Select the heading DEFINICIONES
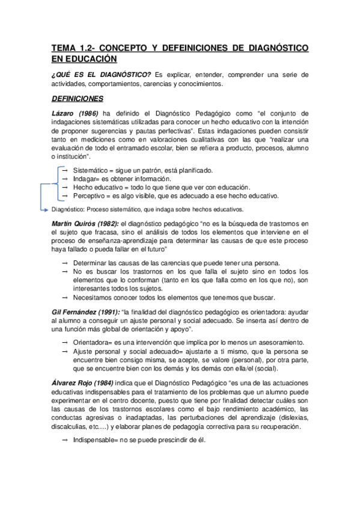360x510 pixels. (78, 98)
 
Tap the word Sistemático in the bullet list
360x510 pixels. (93, 170)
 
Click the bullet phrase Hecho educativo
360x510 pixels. (99, 187)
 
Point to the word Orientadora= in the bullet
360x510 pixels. (94, 342)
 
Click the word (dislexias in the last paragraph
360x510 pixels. (293, 417)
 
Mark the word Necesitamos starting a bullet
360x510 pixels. (95, 298)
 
